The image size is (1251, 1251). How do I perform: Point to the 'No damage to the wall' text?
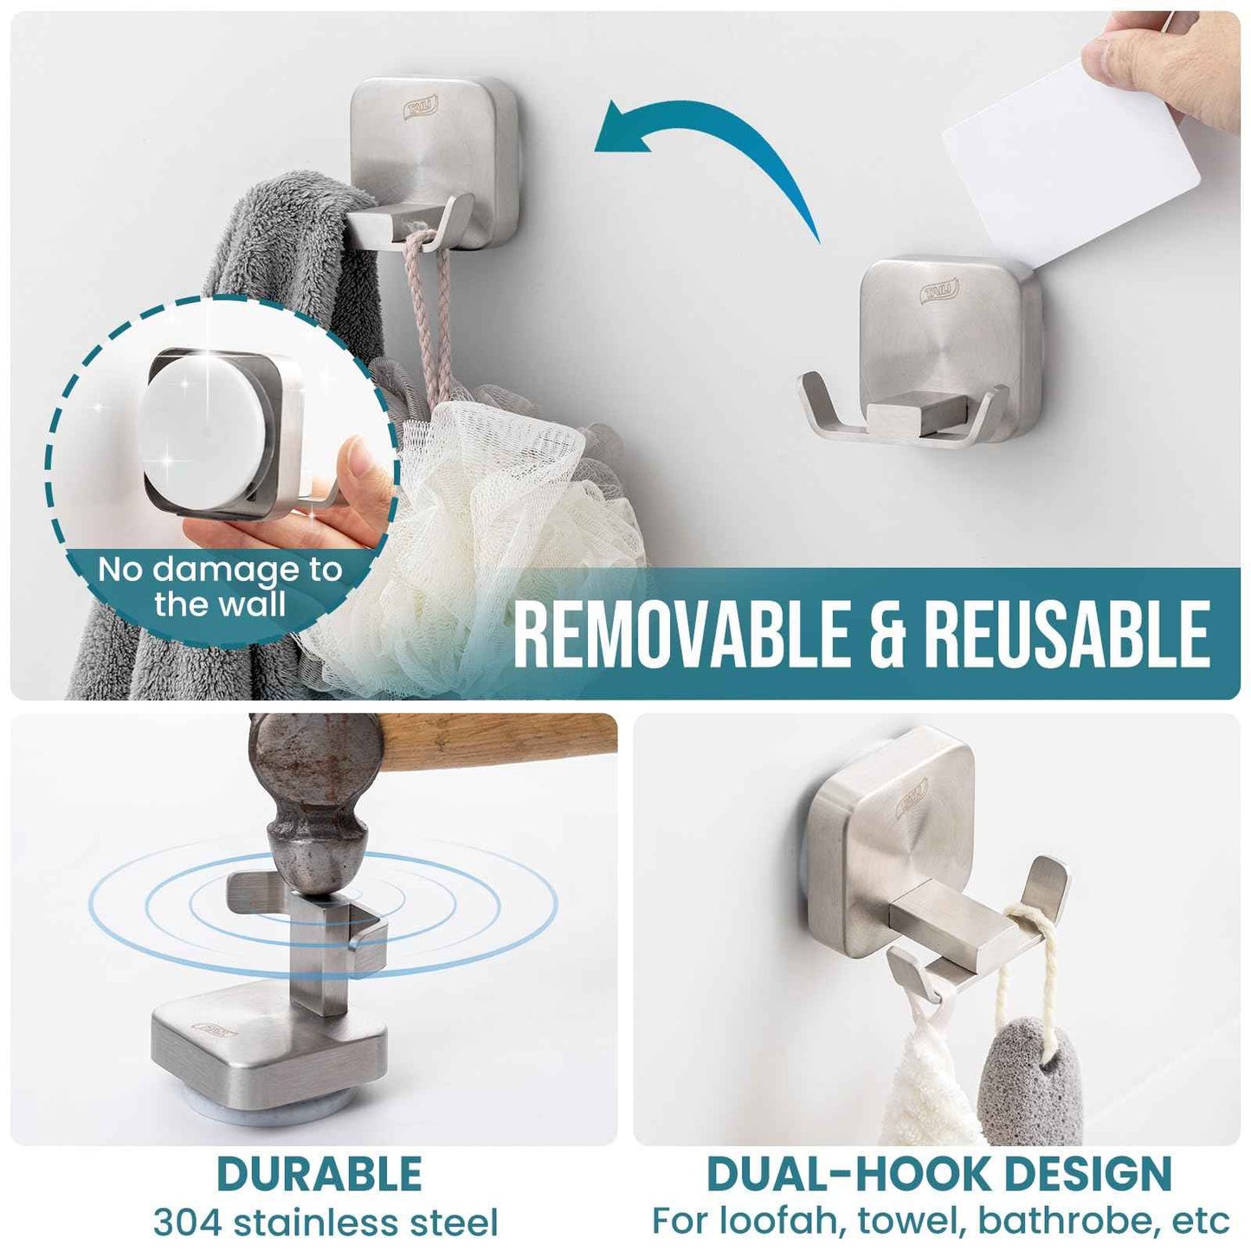[x=220, y=586]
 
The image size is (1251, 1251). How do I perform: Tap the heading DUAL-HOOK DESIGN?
[x=938, y=1174]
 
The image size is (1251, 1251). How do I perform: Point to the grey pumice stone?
[x=1030, y=1082]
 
